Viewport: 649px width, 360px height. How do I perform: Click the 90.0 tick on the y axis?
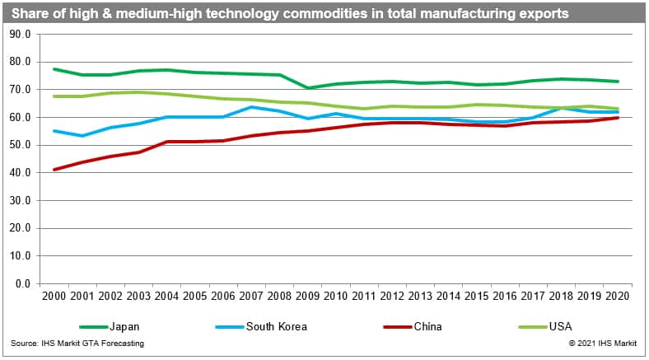19,34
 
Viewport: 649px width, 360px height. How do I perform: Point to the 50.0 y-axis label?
19,145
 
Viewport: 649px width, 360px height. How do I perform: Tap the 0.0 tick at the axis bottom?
21,283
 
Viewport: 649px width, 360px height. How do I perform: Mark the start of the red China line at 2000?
54,169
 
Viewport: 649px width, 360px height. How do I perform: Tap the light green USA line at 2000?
54,96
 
